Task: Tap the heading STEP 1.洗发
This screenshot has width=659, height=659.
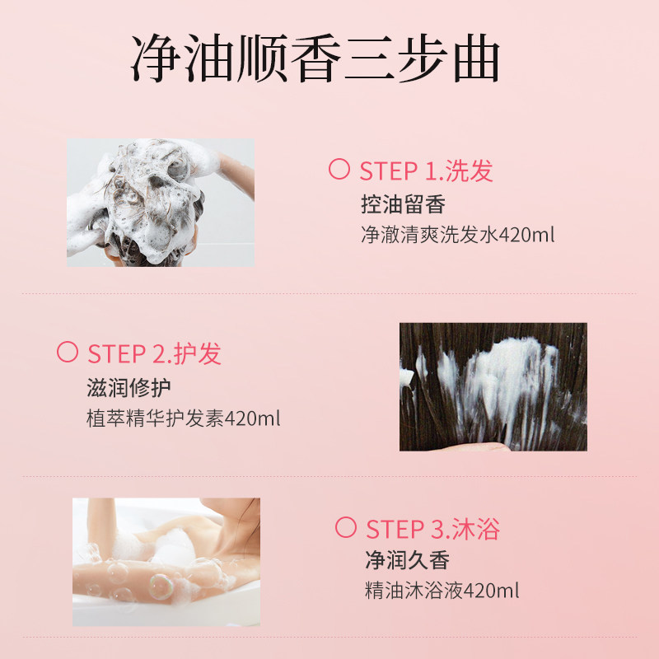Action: point(426,171)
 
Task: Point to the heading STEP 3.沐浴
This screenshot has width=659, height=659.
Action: point(432,528)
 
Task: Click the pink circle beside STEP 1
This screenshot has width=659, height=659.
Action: point(339,170)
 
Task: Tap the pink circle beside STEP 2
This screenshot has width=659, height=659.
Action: point(67,353)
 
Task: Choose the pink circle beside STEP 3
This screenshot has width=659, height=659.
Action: point(345,527)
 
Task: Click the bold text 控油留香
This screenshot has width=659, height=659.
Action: point(403,203)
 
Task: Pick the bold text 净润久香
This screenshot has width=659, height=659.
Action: point(408,561)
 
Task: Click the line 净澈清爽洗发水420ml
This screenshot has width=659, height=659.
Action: point(457,235)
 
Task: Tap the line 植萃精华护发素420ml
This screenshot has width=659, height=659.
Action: point(184,418)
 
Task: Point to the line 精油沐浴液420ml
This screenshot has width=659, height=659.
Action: point(442,591)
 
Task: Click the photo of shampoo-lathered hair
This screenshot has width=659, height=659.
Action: point(161,203)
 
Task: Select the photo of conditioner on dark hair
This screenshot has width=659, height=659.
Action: point(493,386)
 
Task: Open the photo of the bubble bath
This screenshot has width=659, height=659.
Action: point(166,561)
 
